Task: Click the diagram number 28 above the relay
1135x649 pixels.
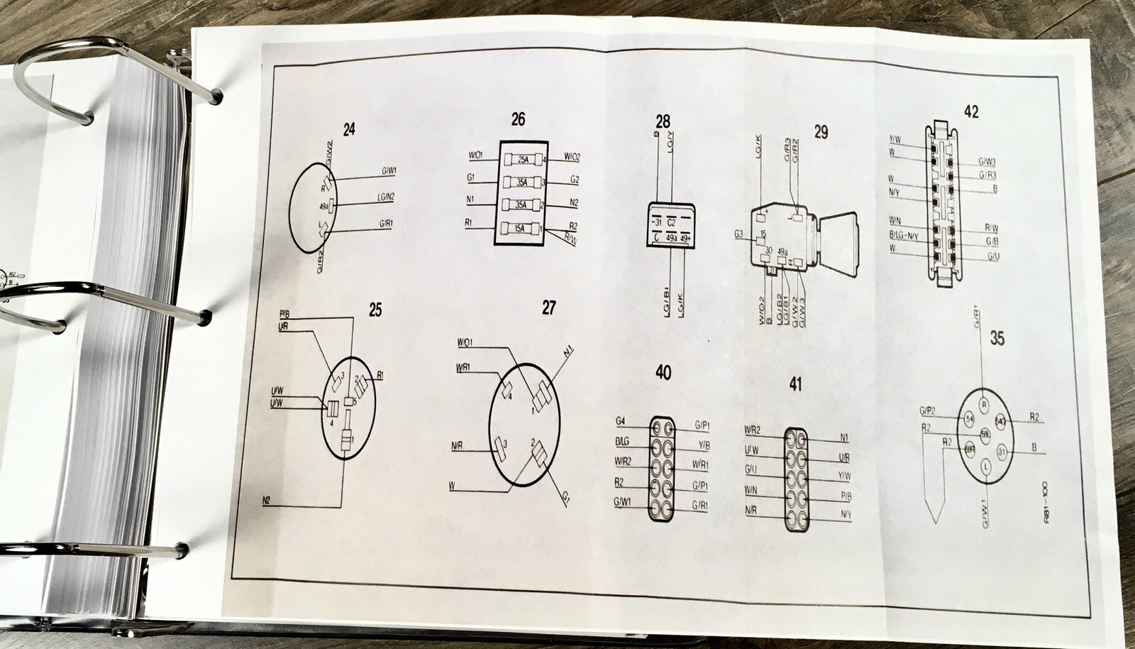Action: (x=663, y=122)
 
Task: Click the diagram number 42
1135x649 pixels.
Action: (x=971, y=111)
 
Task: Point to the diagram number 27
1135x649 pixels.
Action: (x=548, y=307)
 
